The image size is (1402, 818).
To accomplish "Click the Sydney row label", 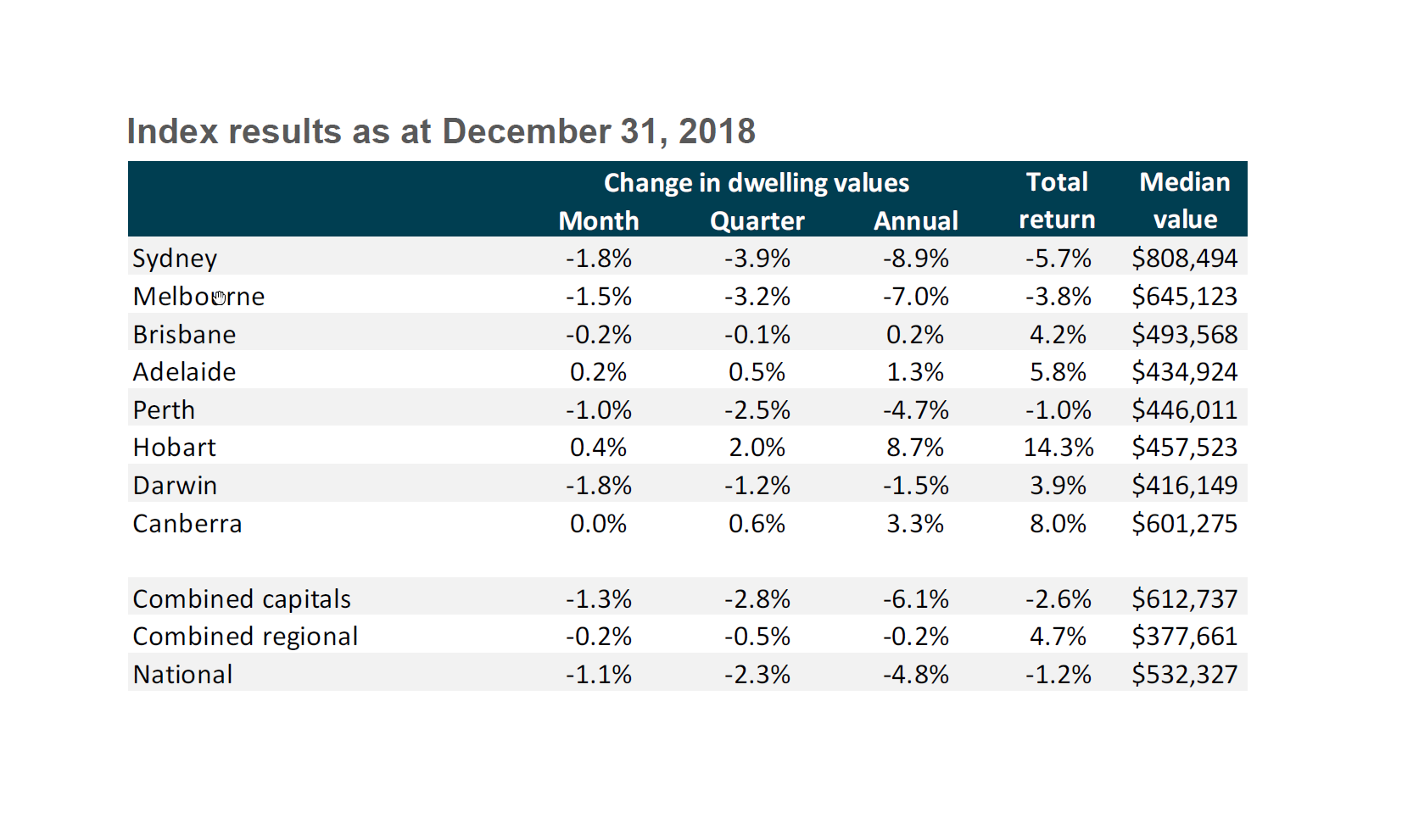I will pos(175,259).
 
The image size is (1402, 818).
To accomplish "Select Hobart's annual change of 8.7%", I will pos(915,448).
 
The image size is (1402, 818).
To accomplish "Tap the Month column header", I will pos(599,221).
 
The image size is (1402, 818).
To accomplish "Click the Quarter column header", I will pos(757,221).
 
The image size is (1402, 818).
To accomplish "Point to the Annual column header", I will pos(916,221).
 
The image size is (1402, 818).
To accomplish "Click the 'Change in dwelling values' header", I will pos(756,183).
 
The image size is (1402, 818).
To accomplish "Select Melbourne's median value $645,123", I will pos(1184,297).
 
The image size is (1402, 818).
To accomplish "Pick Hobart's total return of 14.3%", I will pos(1058,448).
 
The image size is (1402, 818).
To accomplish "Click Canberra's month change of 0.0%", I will pos(598,524).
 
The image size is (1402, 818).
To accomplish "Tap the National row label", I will pos(183,675).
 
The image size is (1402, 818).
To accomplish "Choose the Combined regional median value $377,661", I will pos(1184,637).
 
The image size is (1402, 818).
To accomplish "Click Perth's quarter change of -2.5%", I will pos(757,410).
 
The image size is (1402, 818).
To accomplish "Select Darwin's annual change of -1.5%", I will pos(915,486).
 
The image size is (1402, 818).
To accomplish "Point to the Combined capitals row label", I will pos(242,599).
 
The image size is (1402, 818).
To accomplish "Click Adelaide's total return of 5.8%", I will pos(1058,372).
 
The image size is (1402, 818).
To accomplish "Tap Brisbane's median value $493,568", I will pos(1184,335).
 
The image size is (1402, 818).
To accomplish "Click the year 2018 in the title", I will pos(717,131).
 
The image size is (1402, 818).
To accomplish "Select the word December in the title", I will pos(527,131).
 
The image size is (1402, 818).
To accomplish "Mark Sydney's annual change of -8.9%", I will pos(915,259).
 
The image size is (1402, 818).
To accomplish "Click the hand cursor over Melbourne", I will pos(220,297).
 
